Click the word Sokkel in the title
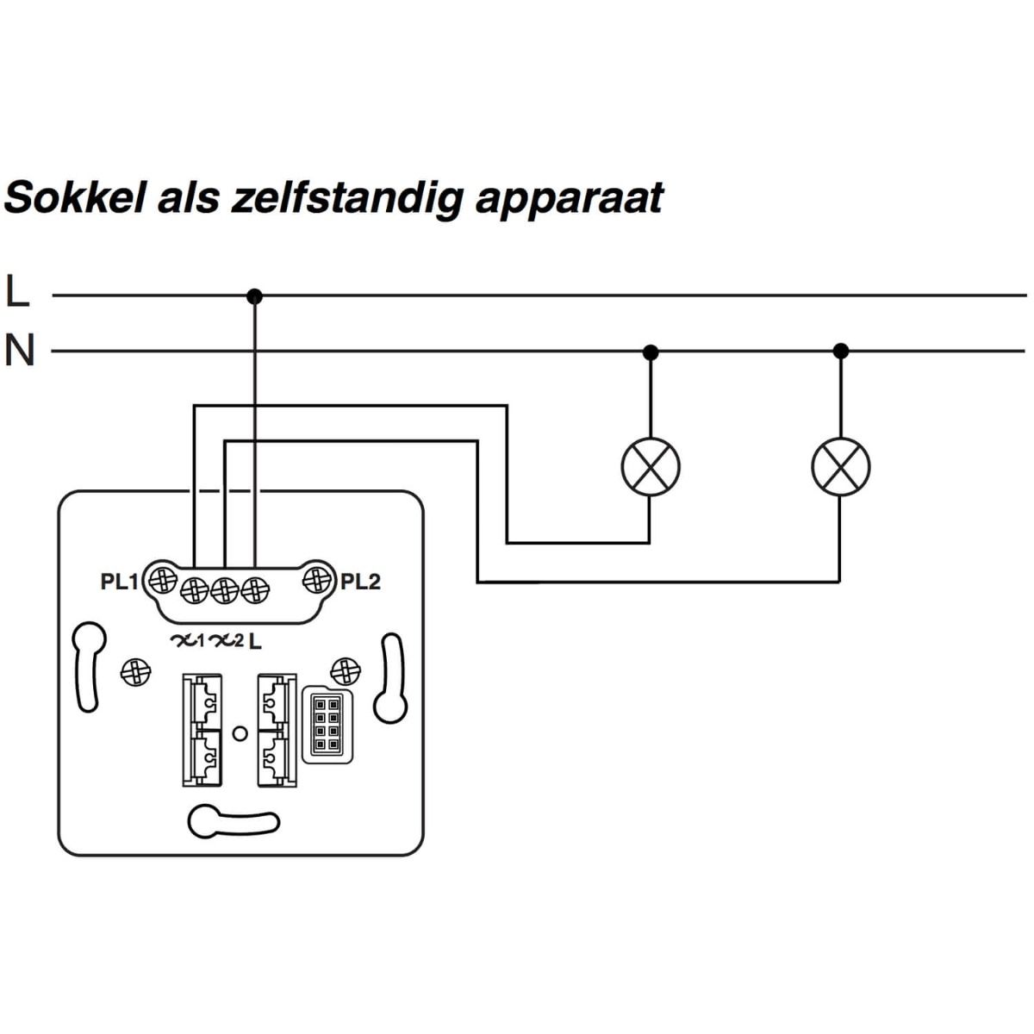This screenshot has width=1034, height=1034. [74, 197]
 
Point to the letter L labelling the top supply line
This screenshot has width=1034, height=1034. [17, 292]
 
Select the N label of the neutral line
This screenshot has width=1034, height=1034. [19, 351]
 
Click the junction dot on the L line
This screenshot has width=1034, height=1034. [254, 296]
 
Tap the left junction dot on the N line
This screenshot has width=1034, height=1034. [651, 352]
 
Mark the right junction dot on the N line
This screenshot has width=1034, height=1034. [842, 351]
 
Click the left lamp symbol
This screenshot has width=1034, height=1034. [651, 466]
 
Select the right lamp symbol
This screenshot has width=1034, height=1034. [841, 466]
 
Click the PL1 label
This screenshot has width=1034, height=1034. [119, 582]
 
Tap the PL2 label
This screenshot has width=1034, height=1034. [360, 582]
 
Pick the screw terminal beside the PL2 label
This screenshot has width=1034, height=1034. [317, 579]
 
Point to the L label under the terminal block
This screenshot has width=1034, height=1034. [256, 641]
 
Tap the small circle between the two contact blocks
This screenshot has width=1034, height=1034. [240, 733]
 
